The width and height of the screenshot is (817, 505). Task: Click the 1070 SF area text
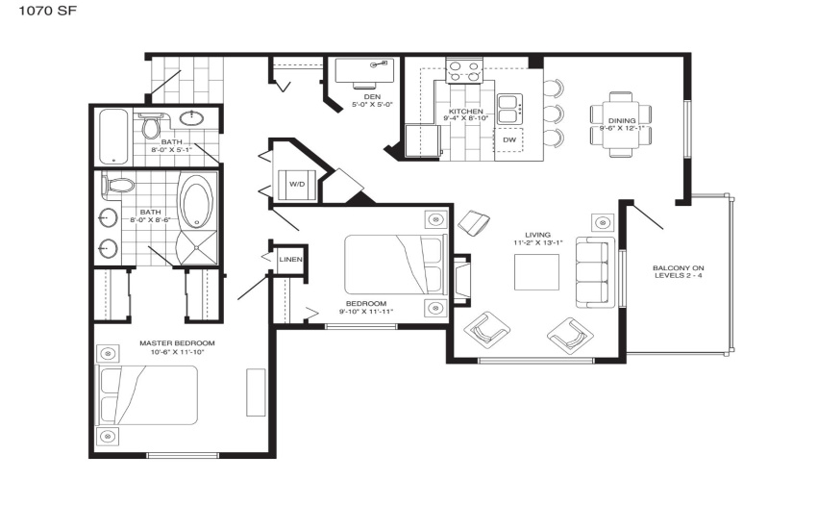coord(48,11)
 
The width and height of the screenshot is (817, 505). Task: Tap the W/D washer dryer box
coord(297,184)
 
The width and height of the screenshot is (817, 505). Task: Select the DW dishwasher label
coord(509,139)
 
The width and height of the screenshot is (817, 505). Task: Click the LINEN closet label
coord(290,260)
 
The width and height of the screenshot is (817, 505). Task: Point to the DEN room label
coord(372,96)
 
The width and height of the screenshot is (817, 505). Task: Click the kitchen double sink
coord(509,109)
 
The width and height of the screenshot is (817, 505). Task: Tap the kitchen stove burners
coord(463,71)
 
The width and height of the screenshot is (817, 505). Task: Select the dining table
coord(621,124)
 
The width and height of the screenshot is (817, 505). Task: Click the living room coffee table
coord(536,272)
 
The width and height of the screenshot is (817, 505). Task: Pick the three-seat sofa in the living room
coord(595,272)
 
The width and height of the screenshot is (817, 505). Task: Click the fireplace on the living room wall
coord(461,280)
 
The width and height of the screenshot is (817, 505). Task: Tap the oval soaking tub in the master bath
coord(196,201)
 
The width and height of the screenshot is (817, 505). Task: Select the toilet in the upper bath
coord(151,126)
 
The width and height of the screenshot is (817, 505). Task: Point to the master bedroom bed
coord(147,395)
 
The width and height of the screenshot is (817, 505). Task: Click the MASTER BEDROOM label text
coord(177,343)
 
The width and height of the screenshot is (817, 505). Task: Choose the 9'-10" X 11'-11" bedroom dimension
coord(366,312)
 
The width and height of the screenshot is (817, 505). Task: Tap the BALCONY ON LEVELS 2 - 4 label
coord(679,271)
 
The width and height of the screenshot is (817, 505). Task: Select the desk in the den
coord(364,70)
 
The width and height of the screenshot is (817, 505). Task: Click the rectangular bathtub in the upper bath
coord(113,137)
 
